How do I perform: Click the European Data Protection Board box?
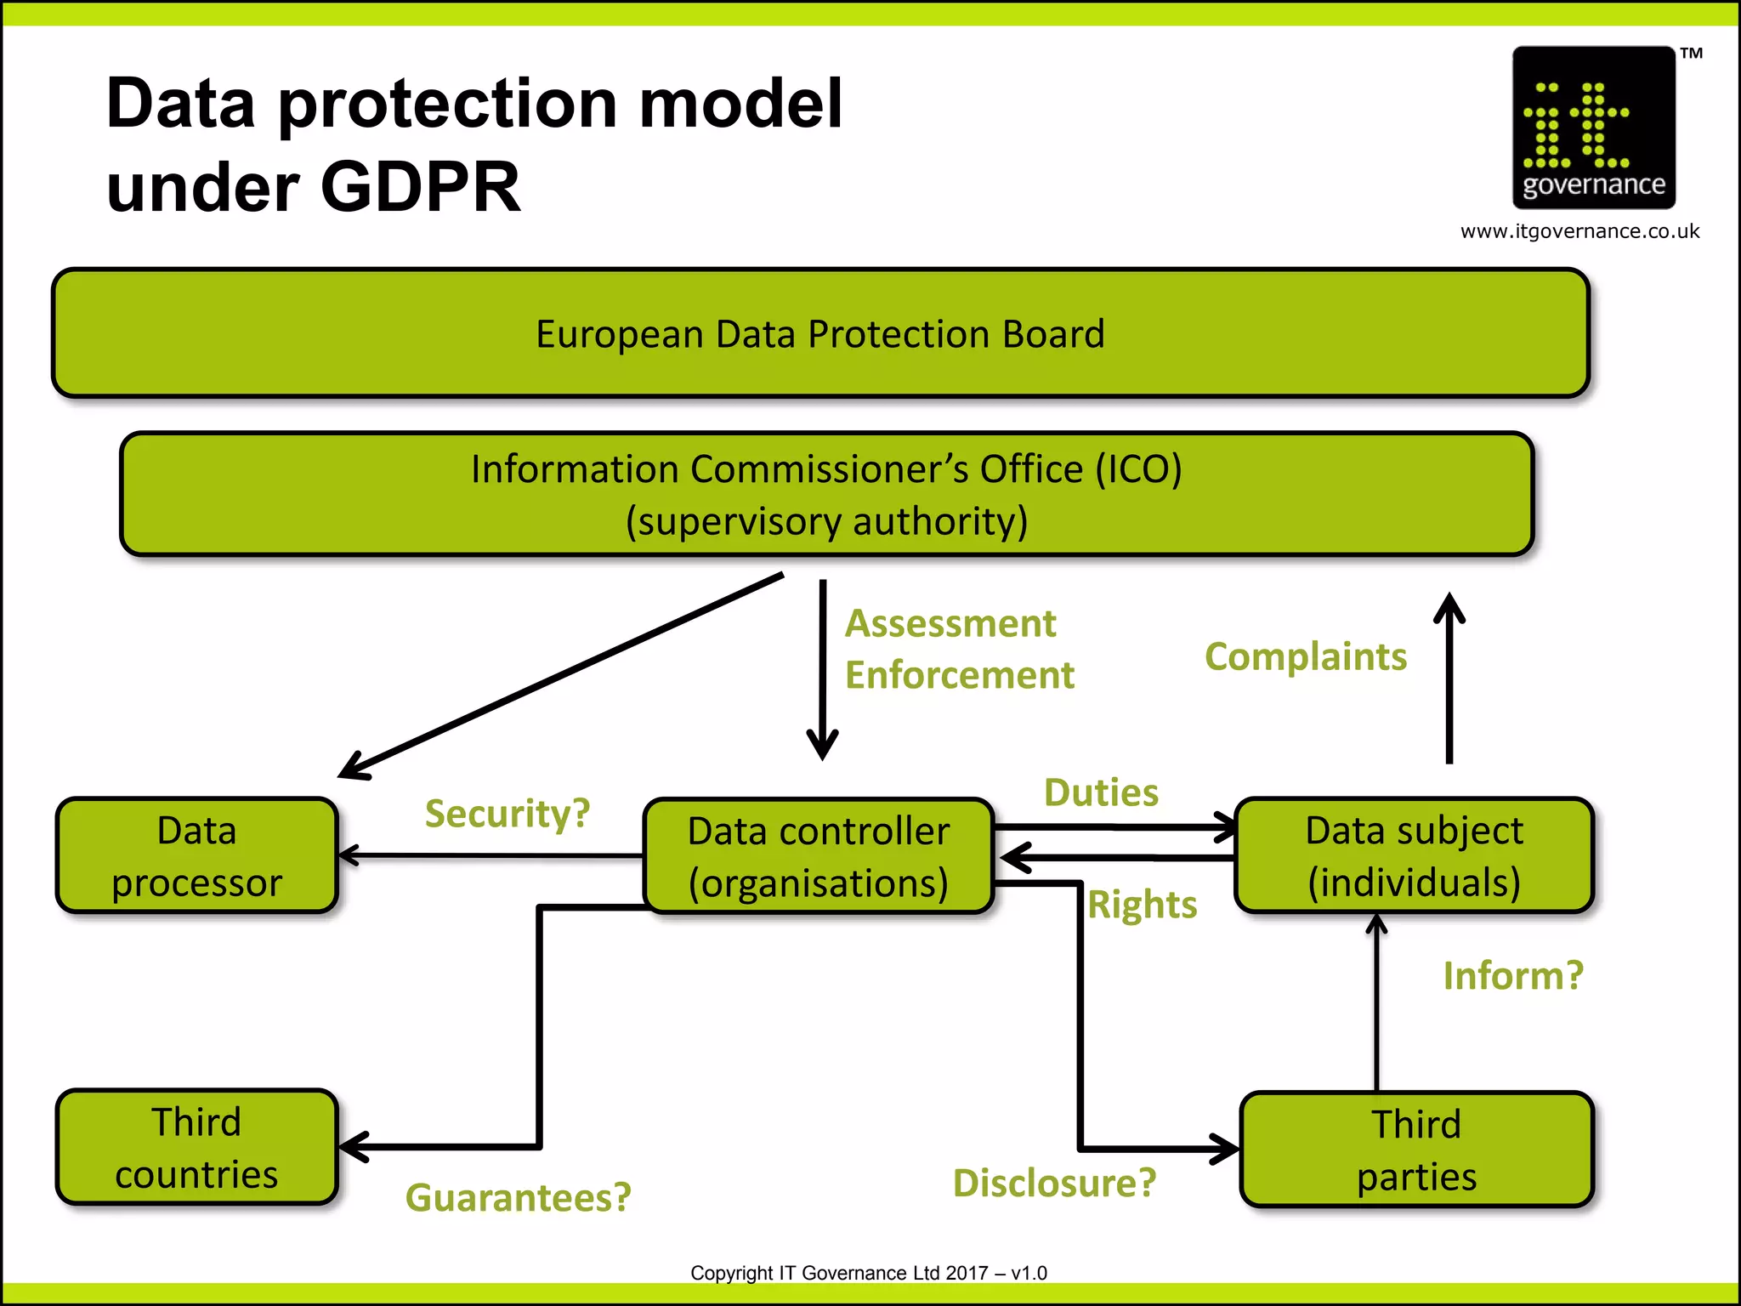[820, 333]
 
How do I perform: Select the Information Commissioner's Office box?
[826, 495]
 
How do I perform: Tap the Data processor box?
[196, 855]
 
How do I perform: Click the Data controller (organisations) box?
[818, 856]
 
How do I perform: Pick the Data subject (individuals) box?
[1414, 855]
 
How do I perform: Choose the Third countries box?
[196, 1147]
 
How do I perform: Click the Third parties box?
[1416, 1150]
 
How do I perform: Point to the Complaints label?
[1306, 657]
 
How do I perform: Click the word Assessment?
[950, 624]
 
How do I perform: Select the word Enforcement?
[960, 676]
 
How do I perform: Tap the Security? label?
[508, 814]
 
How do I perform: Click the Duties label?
[1101, 792]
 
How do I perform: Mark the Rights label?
[1142, 905]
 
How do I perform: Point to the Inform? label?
[1513, 975]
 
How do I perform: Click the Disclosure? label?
[1054, 1183]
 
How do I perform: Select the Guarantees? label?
[519, 1197]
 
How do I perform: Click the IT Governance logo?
[1593, 128]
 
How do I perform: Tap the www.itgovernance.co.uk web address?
[1579, 231]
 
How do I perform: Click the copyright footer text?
[868, 1273]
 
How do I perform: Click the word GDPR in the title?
[420, 187]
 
